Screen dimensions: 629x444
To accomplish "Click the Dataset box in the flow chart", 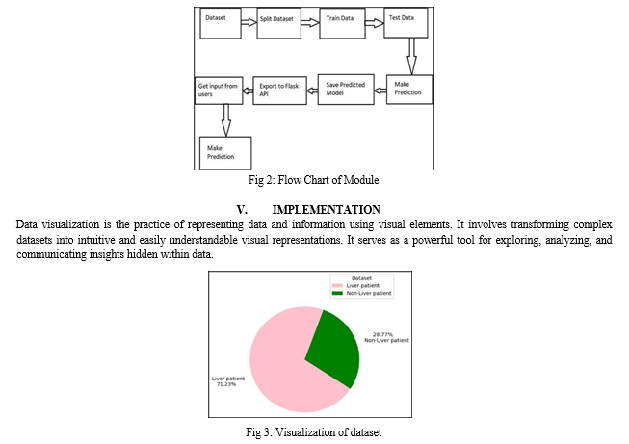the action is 221,24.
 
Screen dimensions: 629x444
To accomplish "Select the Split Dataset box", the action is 278,24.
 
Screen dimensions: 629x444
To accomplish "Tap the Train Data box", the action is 342,24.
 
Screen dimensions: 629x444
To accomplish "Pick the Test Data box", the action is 406,23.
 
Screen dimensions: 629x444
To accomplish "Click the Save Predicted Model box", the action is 346,90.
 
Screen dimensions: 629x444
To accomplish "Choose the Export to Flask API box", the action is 279,91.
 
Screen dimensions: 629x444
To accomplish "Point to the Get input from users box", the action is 219,91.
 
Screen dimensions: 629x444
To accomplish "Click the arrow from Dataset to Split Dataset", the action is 249,22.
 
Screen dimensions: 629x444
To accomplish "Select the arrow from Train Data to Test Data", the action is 375,23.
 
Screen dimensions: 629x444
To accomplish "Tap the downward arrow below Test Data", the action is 411,56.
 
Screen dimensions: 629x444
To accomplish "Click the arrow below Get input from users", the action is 226,120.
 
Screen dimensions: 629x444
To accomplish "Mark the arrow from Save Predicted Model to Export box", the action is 312,91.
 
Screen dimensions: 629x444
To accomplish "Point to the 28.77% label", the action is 382,334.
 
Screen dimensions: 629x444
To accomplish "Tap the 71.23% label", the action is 226,384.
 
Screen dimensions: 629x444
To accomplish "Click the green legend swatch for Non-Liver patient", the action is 337,293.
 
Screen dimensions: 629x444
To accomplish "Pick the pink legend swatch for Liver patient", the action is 337,286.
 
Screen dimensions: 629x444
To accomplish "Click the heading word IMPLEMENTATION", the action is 327,210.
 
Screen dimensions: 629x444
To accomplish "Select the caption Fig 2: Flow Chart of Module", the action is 313,180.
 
